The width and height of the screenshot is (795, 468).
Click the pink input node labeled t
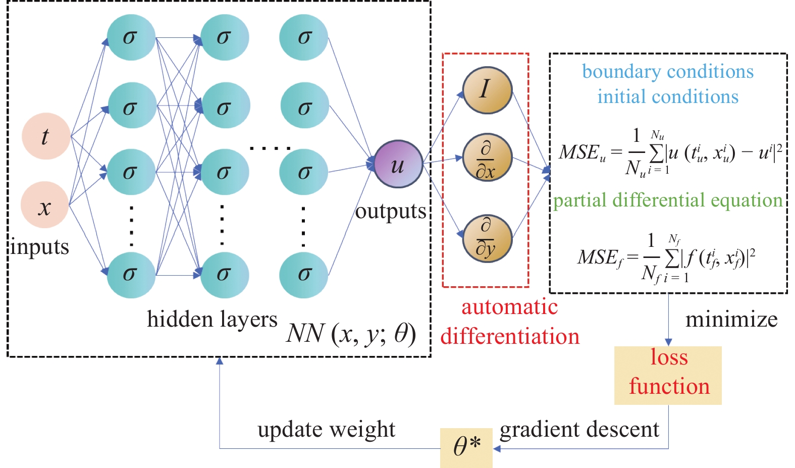(x=46, y=136)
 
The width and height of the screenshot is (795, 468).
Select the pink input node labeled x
(x=44, y=205)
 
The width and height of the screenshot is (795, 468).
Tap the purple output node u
(x=398, y=164)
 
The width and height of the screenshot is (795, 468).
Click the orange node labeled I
(x=487, y=90)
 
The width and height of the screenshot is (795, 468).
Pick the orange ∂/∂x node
(x=487, y=158)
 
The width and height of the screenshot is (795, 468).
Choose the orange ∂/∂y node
(x=487, y=238)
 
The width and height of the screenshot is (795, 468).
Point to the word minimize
(x=731, y=320)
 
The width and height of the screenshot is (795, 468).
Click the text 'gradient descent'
(x=579, y=430)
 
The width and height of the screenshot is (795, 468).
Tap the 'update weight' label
(x=326, y=430)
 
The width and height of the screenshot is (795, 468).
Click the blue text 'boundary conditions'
(x=667, y=72)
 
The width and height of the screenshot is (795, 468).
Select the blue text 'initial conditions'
(x=667, y=96)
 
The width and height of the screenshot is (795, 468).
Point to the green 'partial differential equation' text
(x=667, y=200)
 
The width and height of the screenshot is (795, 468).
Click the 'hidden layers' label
(x=212, y=319)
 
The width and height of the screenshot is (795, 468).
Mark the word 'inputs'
(x=40, y=247)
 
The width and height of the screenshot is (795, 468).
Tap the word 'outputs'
(x=390, y=211)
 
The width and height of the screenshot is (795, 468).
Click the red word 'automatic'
(x=509, y=307)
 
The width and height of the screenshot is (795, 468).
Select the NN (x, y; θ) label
(x=351, y=334)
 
